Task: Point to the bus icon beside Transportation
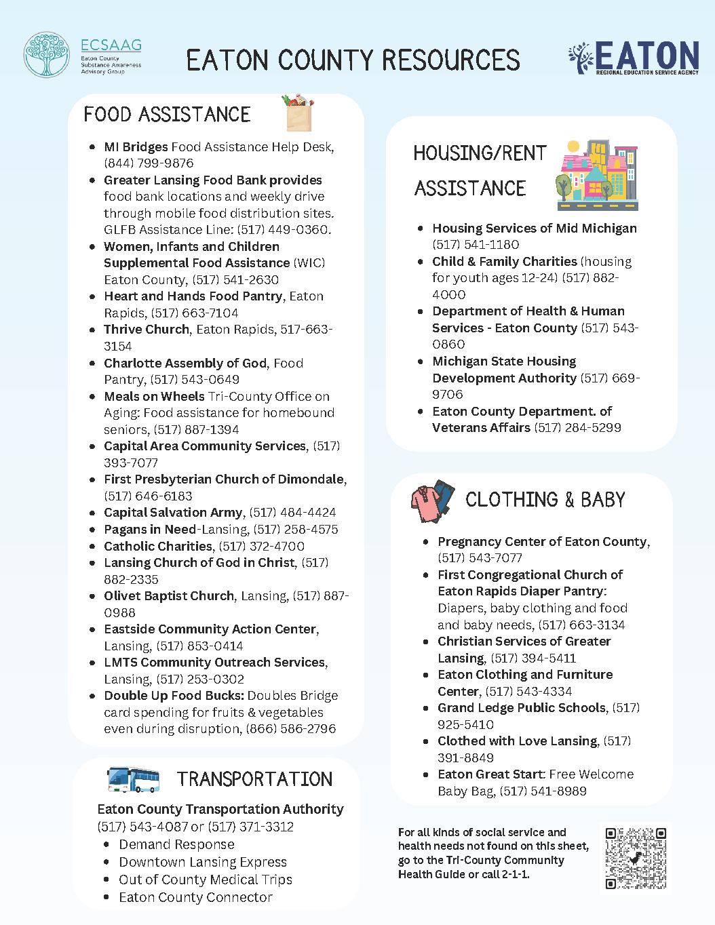pyautogui.click(x=134, y=779)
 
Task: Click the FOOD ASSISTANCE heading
pyautogui.click(x=167, y=114)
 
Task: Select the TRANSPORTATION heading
pyautogui.click(x=255, y=779)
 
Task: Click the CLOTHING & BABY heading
pyautogui.click(x=545, y=500)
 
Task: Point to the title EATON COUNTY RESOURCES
pyautogui.click(x=353, y=60)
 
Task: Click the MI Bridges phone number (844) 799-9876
pyautogui.click(x=149, y=163)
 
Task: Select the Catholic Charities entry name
pyautogui.click(x=157, y=546)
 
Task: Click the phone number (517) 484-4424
pyautogui.click(x=292, y=513)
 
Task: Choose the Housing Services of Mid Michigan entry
pyautogui.click(x=535, y=229)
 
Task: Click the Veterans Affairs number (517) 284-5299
pyautogui.click(x=577, y=428)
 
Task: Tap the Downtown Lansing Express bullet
pyautogui.click(x=202, y=862)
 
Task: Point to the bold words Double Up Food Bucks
pyautogui.click(x=174, y=696)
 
